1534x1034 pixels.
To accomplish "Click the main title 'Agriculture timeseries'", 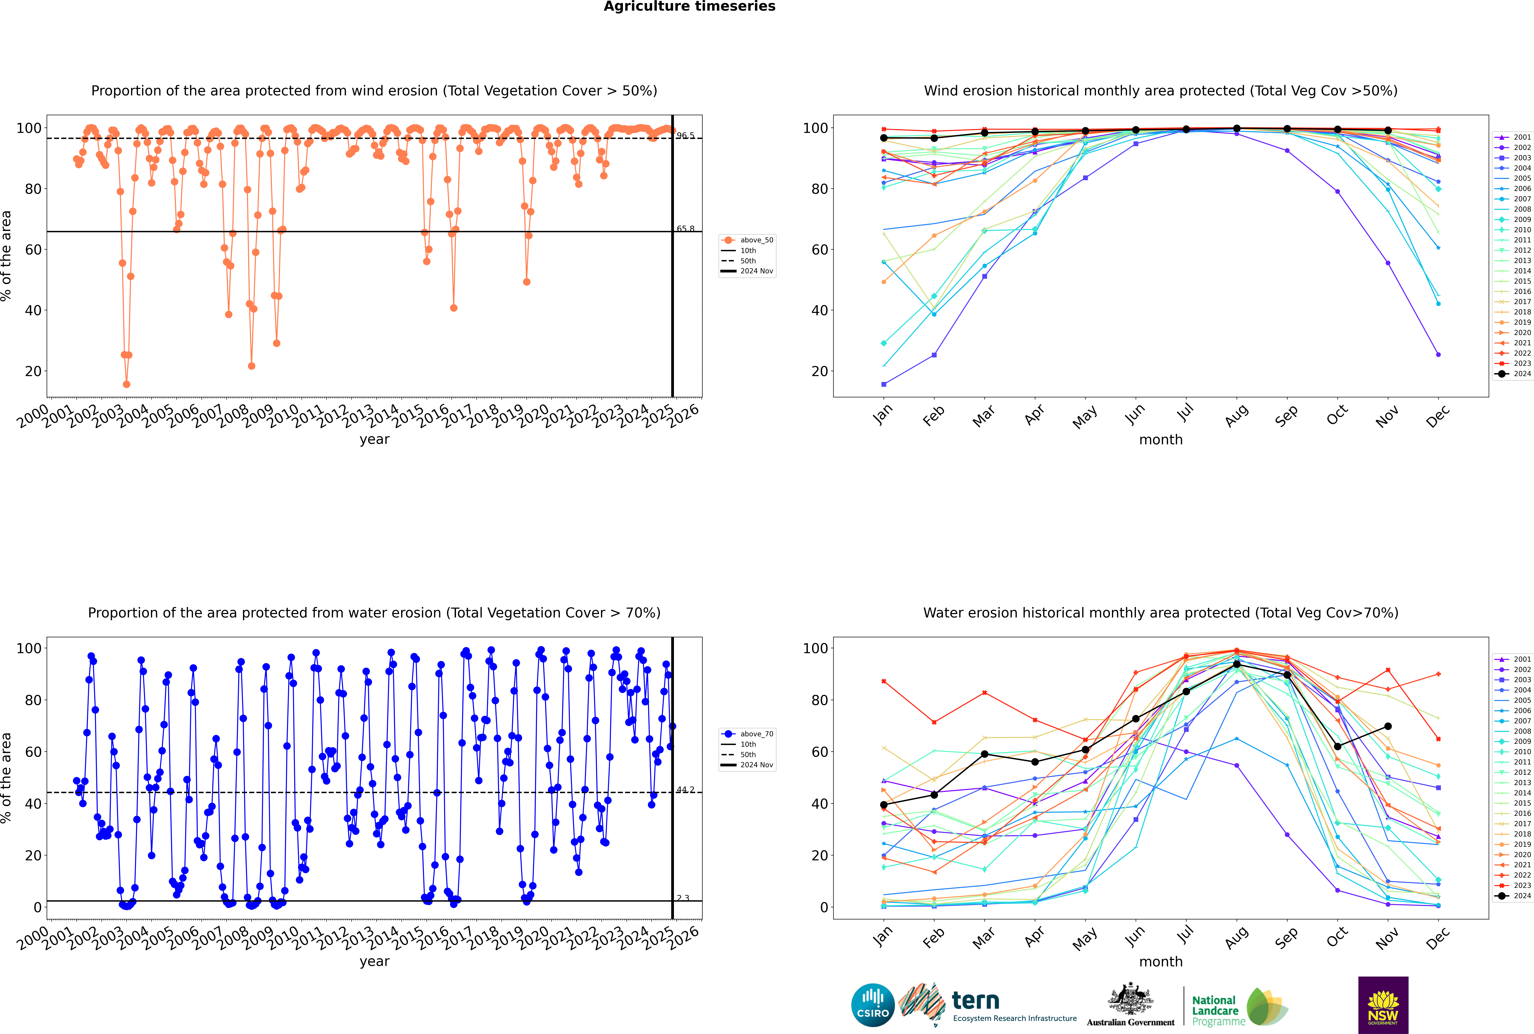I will point(689,7).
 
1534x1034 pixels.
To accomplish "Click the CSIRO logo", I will point(872,1005).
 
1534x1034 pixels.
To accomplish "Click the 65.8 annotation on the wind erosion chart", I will point(685,229).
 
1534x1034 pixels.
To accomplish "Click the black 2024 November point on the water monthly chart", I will point(1388,726).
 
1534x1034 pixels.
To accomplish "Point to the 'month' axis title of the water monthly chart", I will point(1161,961).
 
